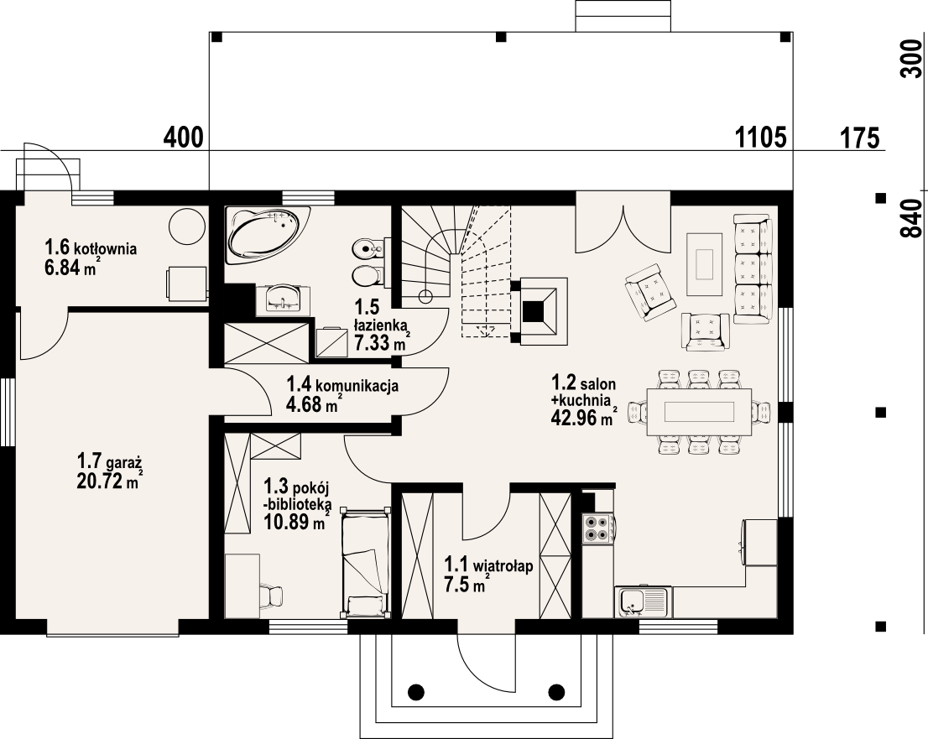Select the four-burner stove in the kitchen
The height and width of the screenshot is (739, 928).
click(597, 528)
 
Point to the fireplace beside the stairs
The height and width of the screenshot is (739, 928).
click(540, 310)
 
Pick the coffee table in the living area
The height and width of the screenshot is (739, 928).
click(704, 263)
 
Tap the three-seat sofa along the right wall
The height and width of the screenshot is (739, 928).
click(753, 269)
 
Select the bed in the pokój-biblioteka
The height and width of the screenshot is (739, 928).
click(366, 561)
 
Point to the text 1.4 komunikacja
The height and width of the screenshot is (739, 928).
click(342, 385)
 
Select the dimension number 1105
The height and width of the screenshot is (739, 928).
click(760, 138)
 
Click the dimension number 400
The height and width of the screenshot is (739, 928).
click(184, 138)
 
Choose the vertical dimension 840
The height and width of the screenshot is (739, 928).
click(912, 218)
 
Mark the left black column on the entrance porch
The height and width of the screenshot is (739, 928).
click(416, 691)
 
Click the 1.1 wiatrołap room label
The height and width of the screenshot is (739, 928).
click(489, 565)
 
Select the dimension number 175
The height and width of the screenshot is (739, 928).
click(859, 138)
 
